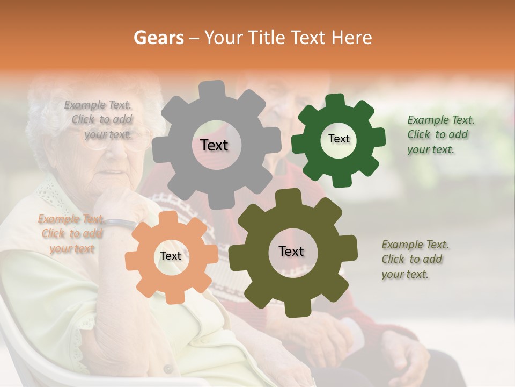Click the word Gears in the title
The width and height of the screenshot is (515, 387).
tap(158, 38)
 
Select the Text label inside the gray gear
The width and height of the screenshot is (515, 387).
tap(214, 145)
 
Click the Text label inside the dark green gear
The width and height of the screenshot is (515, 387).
tap(339, 139)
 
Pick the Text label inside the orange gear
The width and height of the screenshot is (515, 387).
tap(170, 256)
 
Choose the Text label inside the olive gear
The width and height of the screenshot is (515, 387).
tap(291, 252)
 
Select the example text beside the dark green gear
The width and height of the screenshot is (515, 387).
tap(440, 135)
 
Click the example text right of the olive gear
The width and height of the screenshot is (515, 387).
tap(414, 260)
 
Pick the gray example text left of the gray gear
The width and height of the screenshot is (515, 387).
tap(100, 120)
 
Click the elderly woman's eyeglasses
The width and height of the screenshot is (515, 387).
tap(121, 139)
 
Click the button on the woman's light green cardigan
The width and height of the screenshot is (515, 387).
tap(168, 369)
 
